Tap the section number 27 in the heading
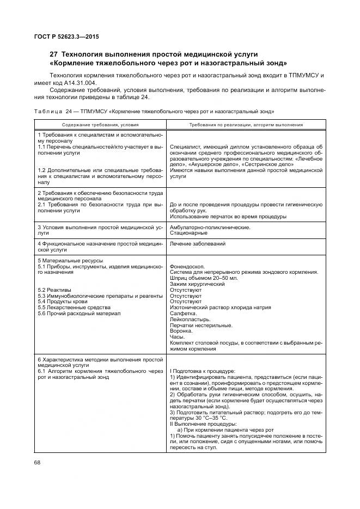(53, 54)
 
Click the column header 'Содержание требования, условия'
(100, 124)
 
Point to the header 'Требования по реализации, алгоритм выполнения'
(246, 124)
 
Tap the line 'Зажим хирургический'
(197, 284)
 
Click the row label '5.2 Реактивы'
(54, 290)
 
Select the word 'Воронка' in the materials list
(181, 331)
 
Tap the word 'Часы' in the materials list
(178, 337)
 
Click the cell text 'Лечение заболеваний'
(198, 243)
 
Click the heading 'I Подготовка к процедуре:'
(202, 370)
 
